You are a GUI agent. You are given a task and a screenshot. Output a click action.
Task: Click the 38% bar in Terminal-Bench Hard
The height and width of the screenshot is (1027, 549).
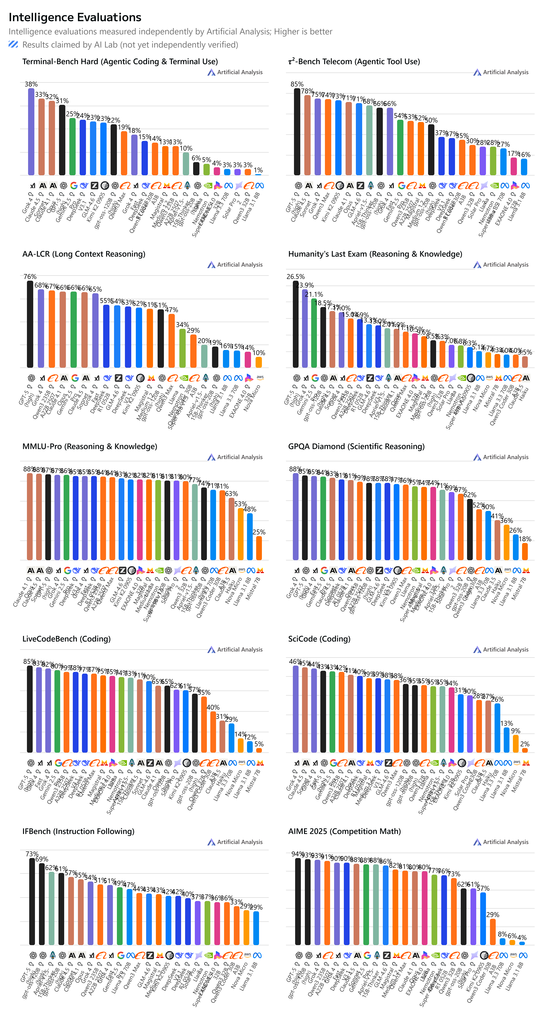[31, 132]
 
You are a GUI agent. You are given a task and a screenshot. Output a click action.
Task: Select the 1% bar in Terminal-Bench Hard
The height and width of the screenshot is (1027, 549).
[258, 174]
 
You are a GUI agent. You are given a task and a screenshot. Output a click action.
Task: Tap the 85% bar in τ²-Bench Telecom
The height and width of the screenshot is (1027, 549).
[297, 132]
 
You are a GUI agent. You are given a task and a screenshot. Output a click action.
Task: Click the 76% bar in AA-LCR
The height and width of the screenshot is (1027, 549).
[30, 324]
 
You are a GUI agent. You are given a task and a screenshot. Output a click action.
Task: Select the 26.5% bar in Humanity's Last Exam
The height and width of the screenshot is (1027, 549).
[296, 324]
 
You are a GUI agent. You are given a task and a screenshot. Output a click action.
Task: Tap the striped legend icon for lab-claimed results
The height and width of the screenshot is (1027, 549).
[13, 44]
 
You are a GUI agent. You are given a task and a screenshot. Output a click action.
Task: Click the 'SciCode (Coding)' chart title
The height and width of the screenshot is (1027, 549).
[319, 639]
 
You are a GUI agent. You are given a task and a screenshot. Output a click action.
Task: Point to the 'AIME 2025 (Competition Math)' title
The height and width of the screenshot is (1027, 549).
[344, 831]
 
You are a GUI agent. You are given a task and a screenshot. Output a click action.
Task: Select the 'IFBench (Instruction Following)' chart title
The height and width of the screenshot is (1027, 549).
[78, 831]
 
